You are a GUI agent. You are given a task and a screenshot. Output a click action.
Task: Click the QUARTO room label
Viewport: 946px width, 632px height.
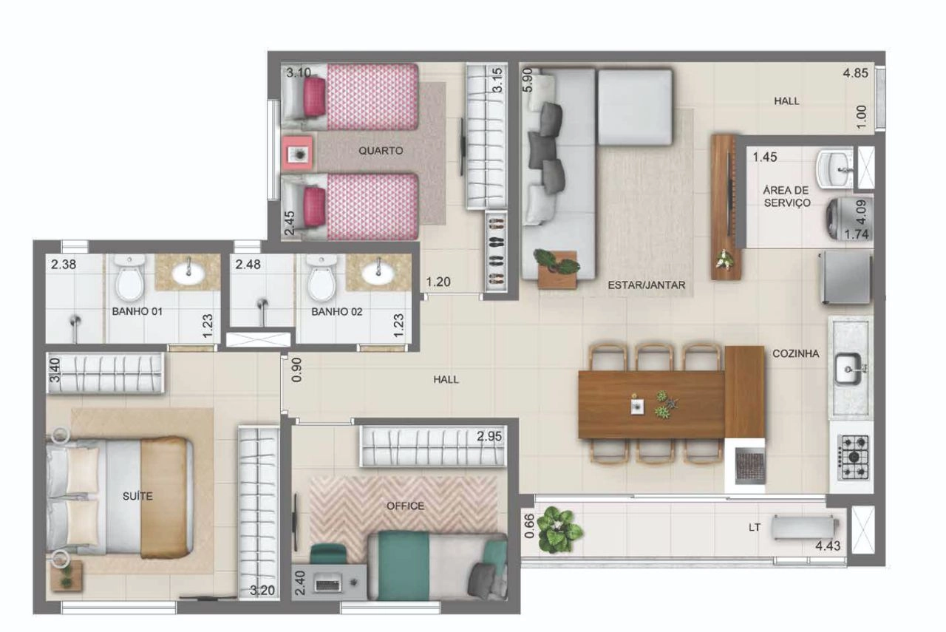coord(381,150)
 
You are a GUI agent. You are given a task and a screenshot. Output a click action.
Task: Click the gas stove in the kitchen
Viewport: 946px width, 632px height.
coord(853,458)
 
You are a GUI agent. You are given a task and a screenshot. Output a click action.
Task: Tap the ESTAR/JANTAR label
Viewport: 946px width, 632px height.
coord(646,285)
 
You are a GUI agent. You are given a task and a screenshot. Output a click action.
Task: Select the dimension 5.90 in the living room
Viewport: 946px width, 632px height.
coord(528,81)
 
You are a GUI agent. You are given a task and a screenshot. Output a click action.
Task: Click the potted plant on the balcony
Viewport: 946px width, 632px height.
coord(558,530)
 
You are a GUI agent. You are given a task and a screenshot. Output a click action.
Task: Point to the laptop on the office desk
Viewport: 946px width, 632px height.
coord(329,583)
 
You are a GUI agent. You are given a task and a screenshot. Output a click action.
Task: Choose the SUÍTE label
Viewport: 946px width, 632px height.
coord(137,496)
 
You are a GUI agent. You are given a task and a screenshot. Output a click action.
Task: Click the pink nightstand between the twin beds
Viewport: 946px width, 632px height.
coord(297,153)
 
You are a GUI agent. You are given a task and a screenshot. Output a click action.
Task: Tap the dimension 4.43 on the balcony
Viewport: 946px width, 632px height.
coord(828,546)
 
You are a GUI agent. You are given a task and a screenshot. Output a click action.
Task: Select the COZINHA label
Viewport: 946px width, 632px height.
coord(796,353)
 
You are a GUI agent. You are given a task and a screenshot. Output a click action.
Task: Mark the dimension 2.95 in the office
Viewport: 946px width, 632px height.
coord(489,436)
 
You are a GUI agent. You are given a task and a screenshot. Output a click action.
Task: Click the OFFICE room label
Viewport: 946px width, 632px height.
coord(405,506)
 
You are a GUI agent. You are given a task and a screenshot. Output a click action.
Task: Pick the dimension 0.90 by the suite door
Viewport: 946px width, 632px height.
coord(297,370)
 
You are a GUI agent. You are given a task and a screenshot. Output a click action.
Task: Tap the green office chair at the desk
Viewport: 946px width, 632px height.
coord(328,554)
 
